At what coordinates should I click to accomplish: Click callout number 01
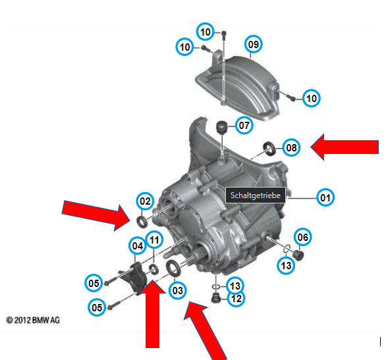pos(325,197)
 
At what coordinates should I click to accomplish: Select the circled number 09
pos(254,44)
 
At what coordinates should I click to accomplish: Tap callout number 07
pos(244,125)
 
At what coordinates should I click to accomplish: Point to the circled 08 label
pos(291,147)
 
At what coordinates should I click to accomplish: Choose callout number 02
pos(145,201)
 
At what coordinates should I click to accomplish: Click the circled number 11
pos(154,240)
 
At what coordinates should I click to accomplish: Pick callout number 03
pos(178,290)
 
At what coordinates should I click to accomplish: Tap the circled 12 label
pos(236,298)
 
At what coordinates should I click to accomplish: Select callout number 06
pos(303,237)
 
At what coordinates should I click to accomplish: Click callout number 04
pos(138,245)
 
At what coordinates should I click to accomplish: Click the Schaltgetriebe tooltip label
pos(256,195)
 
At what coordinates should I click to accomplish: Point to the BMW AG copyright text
pos(33,321)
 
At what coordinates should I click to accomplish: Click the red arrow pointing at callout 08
pos(345,147)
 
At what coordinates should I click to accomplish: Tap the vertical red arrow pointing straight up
pos(152,314)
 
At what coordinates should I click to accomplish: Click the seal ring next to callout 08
pos(269,149)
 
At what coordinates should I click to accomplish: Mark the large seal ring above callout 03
pos(173,268)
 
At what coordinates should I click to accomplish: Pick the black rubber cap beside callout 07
pos(222,127)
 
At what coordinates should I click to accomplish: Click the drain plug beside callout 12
pos(216,298)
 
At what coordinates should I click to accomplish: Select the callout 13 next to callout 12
pos(235,286)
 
